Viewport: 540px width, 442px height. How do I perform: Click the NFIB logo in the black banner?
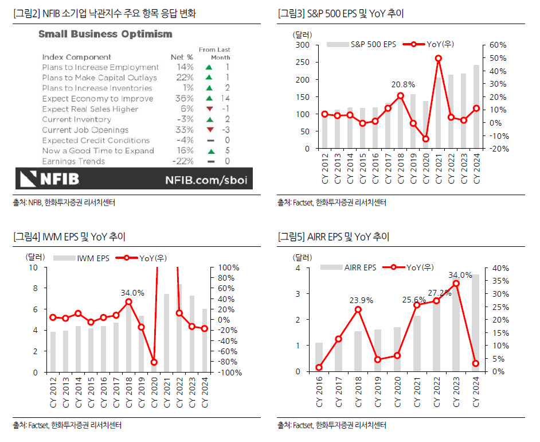point(50,179)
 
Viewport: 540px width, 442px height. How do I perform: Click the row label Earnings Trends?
point(73,161)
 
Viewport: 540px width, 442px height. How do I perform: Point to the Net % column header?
point(182,57)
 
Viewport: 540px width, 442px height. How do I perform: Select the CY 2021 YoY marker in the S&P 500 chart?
point(438,58)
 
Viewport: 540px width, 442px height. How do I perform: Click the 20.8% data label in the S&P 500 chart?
point(402,84)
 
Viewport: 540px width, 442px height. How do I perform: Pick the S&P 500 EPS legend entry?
point(362,44)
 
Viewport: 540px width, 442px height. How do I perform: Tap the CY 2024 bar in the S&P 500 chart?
point(476,107)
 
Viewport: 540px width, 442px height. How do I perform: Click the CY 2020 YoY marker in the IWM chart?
point(154,362)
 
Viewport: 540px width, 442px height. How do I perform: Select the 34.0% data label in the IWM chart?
point(132,293)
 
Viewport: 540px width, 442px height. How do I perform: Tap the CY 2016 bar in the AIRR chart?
point(319,357)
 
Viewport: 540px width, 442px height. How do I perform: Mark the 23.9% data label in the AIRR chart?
point(361,300)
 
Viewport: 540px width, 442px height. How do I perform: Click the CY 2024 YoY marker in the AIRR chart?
point(476,363)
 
